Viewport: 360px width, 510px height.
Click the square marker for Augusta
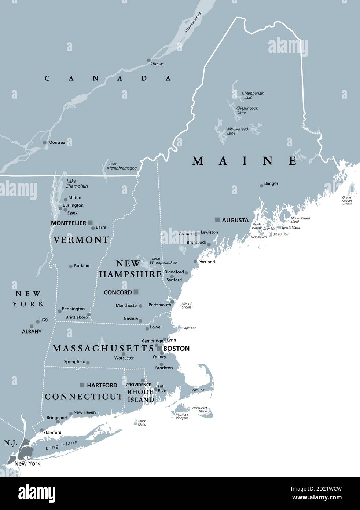[x=217, y=220]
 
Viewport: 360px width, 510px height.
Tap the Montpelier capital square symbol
[x=90, y=222]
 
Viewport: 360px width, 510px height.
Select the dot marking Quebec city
[x=149, y=61]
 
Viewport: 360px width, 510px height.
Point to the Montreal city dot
[x=45, y=143]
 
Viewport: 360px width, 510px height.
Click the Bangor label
[x=271, y=183]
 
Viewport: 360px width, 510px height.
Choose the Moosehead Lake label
[x=237, y=131]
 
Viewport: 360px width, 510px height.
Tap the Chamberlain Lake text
[x=253, y=95]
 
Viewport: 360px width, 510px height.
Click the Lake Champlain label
[x=77, y=184]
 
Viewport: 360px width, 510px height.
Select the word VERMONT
[x=81, y=240]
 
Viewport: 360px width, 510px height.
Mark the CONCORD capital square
[x=136, y=292]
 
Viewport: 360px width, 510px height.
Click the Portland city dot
[x=195, y=262]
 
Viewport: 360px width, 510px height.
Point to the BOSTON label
[x=176, y=349]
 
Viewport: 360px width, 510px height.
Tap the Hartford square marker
[x=82, y=385]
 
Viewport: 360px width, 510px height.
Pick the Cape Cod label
[x=197, y=390]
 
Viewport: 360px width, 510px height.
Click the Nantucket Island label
[x=200, y=409]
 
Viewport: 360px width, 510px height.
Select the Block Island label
[x=142, y=423]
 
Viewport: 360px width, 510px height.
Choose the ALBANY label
[x=32, y=331]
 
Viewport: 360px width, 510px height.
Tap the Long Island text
[x=62, y=445]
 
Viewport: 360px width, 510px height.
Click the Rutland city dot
[x=71, y=266]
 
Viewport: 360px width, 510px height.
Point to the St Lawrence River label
[x=193, y=22]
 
